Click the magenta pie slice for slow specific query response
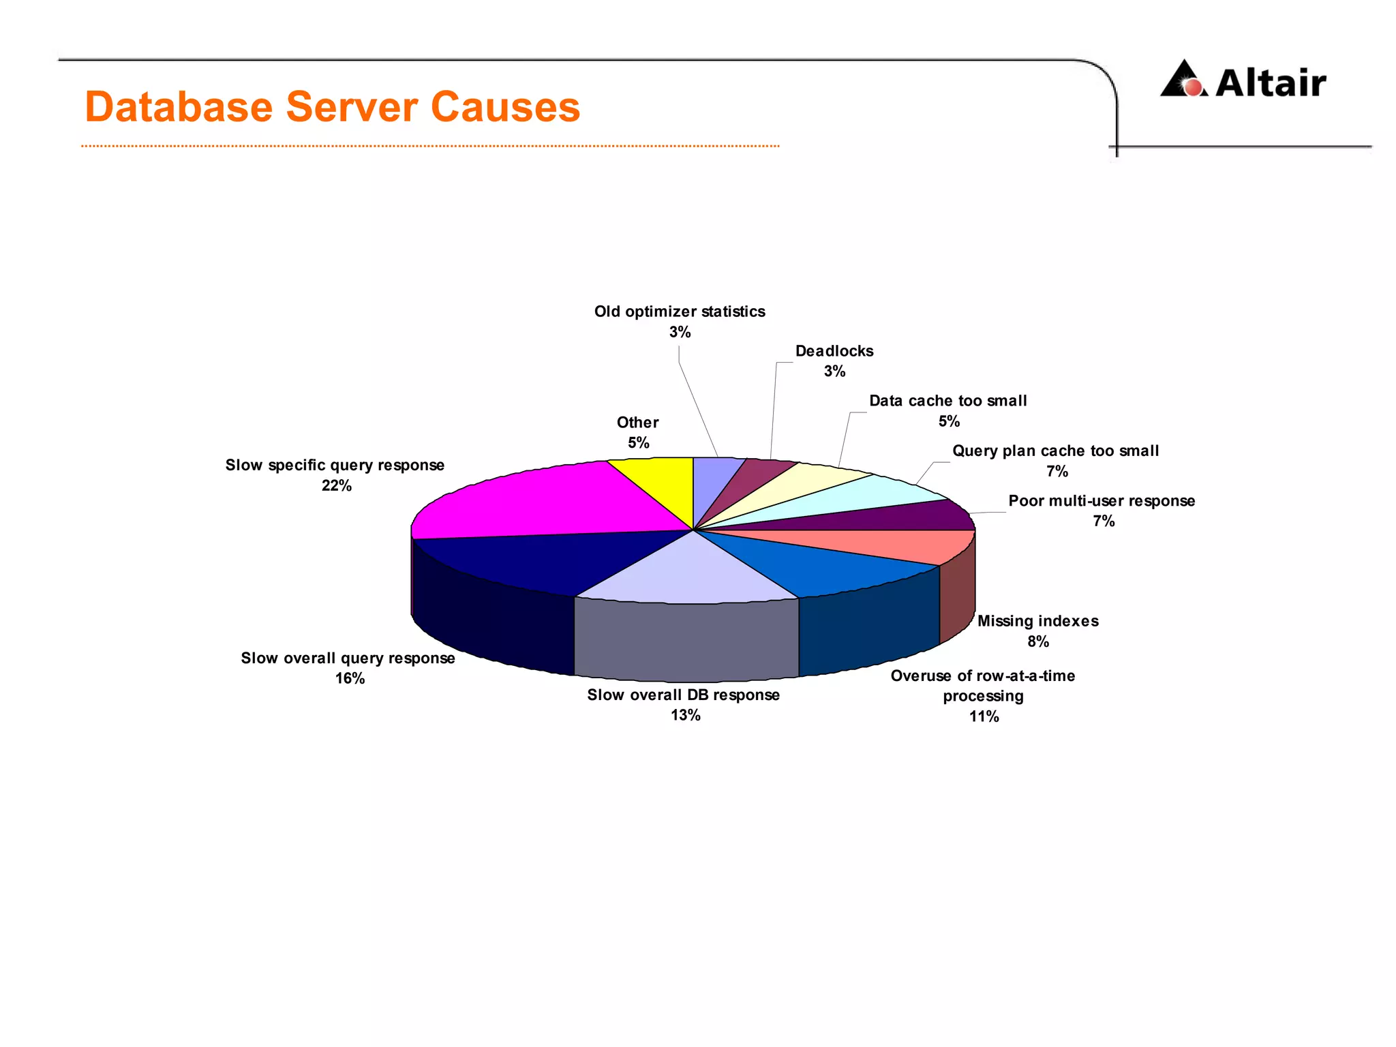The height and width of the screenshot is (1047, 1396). pos(538,501)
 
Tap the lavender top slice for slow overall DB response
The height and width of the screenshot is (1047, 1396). pos(688,573)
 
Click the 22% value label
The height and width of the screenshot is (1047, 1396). pos(337,486)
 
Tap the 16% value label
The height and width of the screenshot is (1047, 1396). pos(350,679)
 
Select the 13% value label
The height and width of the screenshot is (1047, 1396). pos(685,715)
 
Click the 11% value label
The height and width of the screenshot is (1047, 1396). pos(984,716)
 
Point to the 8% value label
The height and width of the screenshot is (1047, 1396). pos(1038,641)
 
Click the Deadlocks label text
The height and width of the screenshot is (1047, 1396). pos(834,351)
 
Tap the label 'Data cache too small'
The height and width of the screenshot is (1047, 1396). pos(947,401)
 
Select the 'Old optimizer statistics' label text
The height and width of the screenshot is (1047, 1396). pos(680,312)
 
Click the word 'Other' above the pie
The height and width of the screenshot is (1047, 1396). pos(637,423)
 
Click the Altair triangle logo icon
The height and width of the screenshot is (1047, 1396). pos(1184,80)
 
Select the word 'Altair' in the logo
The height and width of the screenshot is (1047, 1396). pos(1271,83)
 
